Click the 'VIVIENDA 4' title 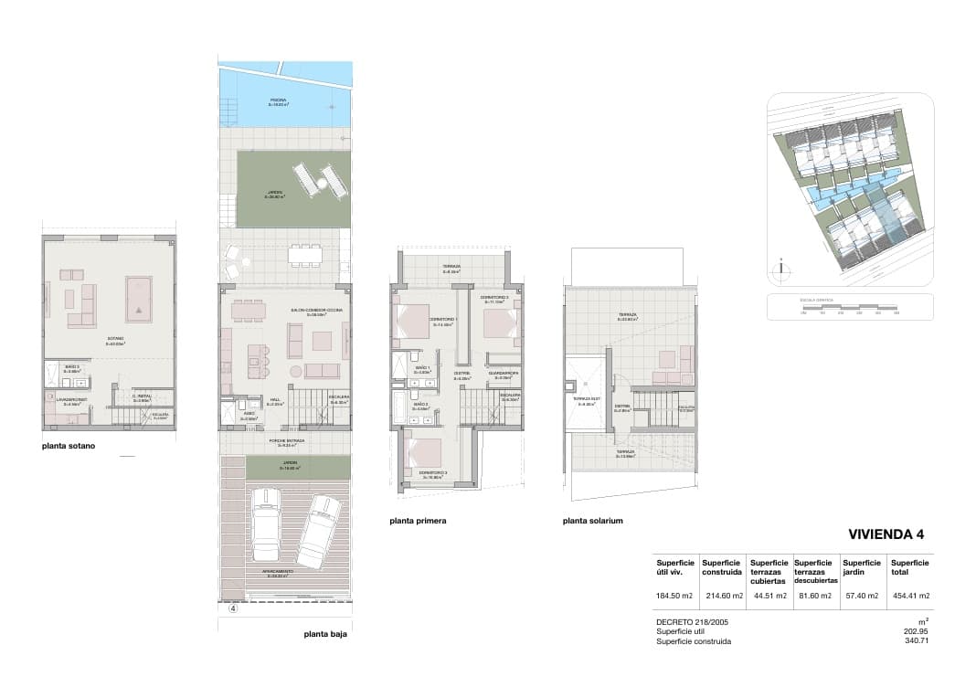(886, 534)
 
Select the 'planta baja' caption (325, 633)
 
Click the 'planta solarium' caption (593, 521)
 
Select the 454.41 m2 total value (910, 596)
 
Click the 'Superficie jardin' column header (862, 567)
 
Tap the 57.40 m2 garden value (860, 596)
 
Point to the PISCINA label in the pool (279, 101)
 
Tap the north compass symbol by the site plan (780, 270)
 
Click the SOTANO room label (115, 341)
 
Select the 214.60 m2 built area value (720, 596)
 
